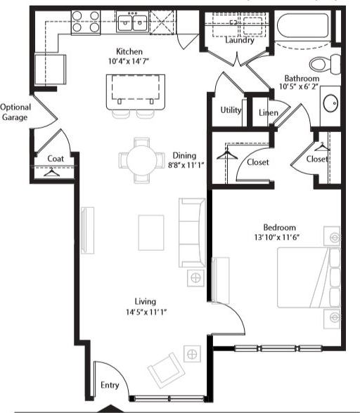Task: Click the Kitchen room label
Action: click(129, 51)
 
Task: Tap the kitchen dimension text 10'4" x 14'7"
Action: click(129, 63)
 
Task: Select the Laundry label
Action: click(240, 40)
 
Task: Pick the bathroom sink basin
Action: click(331, 105)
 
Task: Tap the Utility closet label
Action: click(231, 110)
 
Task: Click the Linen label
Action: click(267, 112)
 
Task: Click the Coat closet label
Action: click(56, 159)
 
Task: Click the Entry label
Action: click(109, 386)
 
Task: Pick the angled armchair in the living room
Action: click(164, 367)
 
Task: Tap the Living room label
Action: click(143, 301)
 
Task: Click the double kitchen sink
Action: click(131, 23)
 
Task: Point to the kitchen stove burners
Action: click(85, 23)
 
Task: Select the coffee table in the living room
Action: click(151, 232)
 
